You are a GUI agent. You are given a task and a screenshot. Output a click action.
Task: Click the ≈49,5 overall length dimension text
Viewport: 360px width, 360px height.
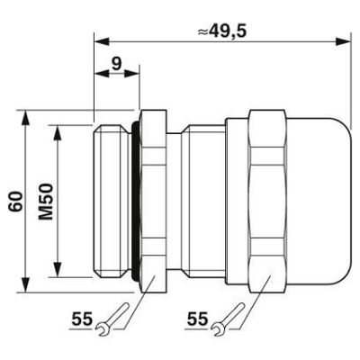(x=220, y=29)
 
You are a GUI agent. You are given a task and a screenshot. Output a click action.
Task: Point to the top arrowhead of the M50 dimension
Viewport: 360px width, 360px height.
(x=58, y=129)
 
